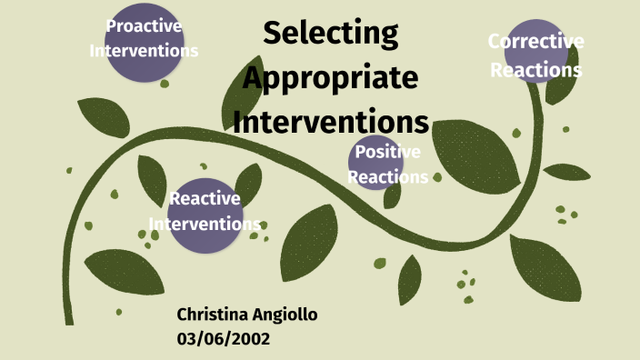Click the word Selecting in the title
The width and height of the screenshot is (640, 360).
click(x=330, y=35)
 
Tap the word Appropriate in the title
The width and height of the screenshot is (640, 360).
click(x=330, y=79)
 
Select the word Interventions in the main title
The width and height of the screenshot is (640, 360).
click(x=330, y=122)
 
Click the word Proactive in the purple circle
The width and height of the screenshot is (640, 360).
click(x=144, y=25)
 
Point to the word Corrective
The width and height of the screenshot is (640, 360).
click(x=535, y=41)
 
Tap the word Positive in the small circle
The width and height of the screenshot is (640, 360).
click(x=387, y=152)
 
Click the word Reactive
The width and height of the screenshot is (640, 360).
click(x=205, y=198)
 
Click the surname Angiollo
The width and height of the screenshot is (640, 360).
click(x=285, y=315)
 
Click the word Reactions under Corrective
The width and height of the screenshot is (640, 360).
click(x=535, y=70)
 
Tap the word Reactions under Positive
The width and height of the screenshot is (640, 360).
click(x=387, y=177)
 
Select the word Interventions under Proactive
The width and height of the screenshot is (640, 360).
click(x=144, y=50)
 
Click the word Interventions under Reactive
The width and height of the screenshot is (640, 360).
click(x=205, y=224)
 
